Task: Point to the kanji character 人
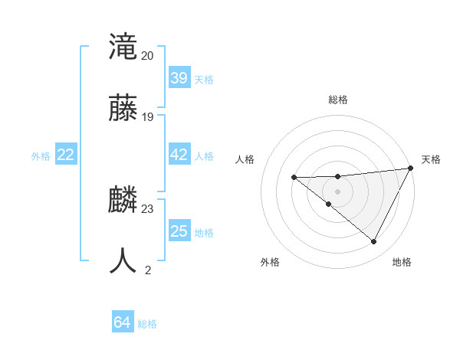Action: pos(124,261)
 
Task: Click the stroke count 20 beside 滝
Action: pos(147,56)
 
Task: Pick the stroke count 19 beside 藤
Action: pos(147,117)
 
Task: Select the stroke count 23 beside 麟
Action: pos(147,209)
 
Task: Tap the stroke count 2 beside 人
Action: pos(148,270)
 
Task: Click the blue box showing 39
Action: pos(179,78)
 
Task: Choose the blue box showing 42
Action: pos(179,155)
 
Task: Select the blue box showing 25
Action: pos(179,231)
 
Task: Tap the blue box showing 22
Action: pos(66,155)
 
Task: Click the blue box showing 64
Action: pos(123,323)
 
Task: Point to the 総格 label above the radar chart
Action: pos(338,100)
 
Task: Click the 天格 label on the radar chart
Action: pos(431,159)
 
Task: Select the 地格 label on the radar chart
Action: pos(402,262)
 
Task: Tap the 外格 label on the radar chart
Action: pos(270,262)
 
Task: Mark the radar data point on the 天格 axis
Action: pos(410,169)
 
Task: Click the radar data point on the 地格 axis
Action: pos(374,242)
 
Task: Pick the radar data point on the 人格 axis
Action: pos(294,178)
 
